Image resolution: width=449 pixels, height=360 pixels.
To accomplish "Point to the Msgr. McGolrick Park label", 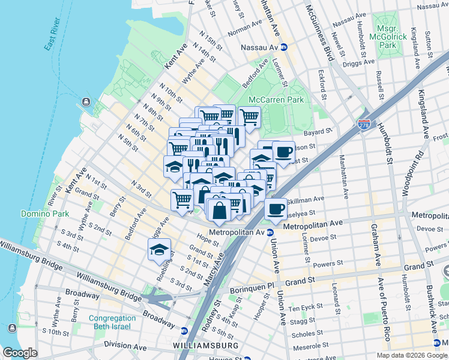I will [392, 37].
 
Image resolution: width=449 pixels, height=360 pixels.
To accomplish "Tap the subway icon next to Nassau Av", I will [284, 47].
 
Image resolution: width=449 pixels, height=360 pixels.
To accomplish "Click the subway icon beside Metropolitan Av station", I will [270, 232].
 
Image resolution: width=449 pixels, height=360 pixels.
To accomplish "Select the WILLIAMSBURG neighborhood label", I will [205, 346].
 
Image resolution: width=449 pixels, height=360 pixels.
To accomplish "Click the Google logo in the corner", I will [19, 353].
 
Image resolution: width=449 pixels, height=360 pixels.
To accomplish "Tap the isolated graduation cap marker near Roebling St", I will [159, 251].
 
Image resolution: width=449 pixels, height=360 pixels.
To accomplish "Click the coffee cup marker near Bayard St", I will [283, 152].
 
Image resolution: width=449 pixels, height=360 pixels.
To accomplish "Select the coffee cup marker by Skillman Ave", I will [276, 210].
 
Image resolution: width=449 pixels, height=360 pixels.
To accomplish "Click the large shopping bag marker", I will [220, 211].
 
